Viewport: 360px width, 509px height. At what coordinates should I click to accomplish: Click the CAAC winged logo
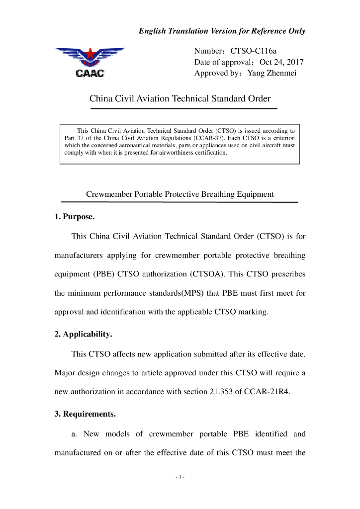[x=90, y=62]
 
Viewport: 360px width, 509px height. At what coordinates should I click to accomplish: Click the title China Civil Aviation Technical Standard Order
[x=180, y=98]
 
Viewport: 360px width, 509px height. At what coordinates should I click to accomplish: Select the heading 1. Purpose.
[x=75, y=217]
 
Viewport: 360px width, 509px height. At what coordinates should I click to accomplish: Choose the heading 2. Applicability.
[x=83, y=335]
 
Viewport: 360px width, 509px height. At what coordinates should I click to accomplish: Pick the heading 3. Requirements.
[x=85, y=414]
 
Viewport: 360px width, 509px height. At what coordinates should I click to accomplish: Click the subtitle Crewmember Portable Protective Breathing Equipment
[x=180, y=194]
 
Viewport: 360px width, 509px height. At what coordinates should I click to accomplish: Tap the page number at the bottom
[x=180, y=477]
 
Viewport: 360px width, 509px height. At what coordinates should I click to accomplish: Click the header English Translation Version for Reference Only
[x=222, y=31]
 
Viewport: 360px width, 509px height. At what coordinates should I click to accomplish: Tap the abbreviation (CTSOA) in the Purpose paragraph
[x=207, y=274]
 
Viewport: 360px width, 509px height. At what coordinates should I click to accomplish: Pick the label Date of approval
[x=221, y=62]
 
